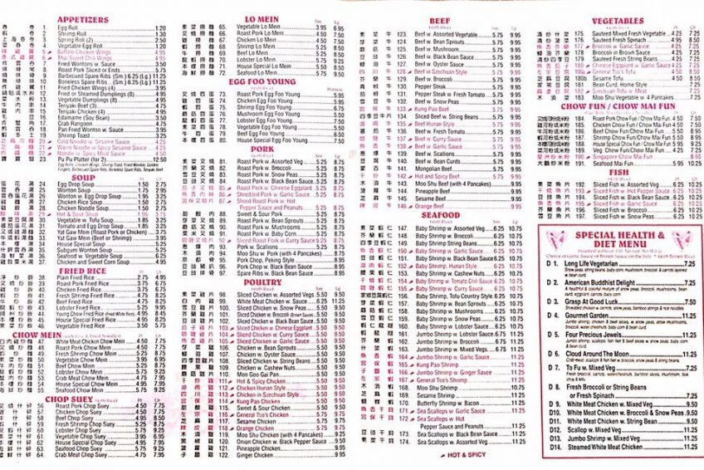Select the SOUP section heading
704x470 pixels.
(83, 177)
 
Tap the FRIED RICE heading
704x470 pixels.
(83, 271)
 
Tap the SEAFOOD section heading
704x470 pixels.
(440, 215)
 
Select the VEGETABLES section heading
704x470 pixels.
(618, 21)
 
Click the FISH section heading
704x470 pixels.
(618, 174)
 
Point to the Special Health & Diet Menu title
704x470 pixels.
(620, 240)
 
